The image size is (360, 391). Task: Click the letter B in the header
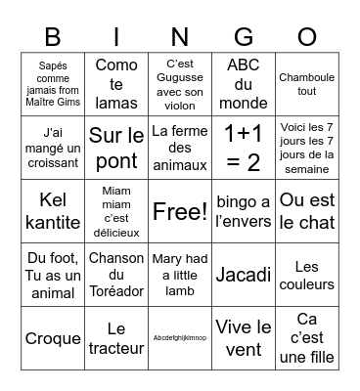pos(53,36)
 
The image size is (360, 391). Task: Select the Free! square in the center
pos(180,211)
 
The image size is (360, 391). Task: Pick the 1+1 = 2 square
pos(243,147)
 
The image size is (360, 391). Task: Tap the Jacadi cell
pos(243,275)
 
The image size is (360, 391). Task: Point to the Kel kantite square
pos(53,211)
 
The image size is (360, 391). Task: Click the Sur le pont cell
pos(116,147)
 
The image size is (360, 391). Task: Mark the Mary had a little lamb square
pos(180,275)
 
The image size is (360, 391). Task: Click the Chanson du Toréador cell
pos(116,275)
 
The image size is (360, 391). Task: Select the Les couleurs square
pos(306,275)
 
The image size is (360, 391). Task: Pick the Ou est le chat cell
pos(306,211)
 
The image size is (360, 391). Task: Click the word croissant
pos(53,164)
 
